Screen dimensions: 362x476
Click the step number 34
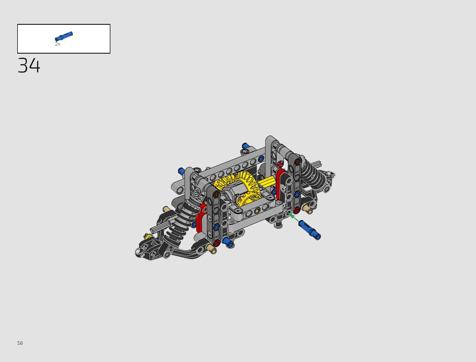[x=29, y=65]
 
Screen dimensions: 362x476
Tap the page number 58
[x=20, y=343]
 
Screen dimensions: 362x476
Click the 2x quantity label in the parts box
[x=58, y=44]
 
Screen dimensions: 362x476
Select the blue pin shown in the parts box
[x=64, y=36]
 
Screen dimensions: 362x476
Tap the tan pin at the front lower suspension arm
[x=211, y=249]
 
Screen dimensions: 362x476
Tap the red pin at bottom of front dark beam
[x=216, y=243]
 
